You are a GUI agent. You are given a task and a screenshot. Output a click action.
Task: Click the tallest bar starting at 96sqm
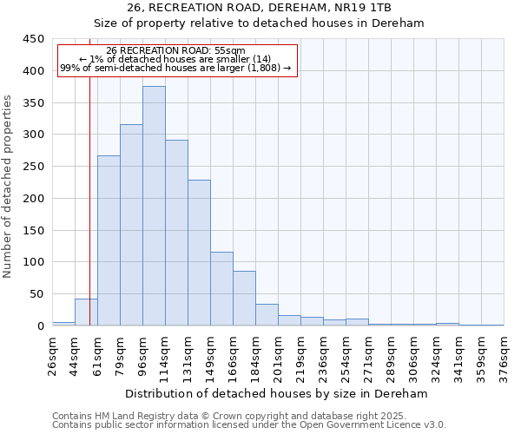(154, 206)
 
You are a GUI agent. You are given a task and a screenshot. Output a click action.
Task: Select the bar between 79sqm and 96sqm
(131, 225)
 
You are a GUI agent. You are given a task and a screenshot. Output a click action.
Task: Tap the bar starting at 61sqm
(109, 240)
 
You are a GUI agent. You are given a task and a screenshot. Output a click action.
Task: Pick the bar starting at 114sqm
(176, 233)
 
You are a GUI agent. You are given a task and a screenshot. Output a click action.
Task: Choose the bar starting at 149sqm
(221, 289)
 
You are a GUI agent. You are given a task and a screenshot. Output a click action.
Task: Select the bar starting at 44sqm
(86, 312)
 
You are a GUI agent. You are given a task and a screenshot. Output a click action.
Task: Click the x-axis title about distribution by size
(277, 394)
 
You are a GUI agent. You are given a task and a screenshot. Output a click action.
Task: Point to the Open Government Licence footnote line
(249, 425)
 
